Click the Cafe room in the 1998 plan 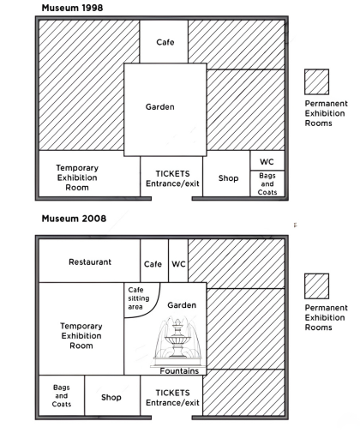pos(164,42)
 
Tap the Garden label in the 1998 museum pos(160,107)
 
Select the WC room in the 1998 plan pos(267,160)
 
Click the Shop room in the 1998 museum pos(226,174)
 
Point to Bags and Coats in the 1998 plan pos(267,183)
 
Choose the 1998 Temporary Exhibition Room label pos(77,177)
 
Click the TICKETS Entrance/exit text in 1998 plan pos(172,178)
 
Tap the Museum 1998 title pos(72,8)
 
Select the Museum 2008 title pos(74,219)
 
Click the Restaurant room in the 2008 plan pos(89,261)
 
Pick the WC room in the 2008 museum pos(178,261)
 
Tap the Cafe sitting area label pos(139,298)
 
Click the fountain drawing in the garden pos(177,341)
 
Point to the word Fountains pos(179,371)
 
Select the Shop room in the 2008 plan pos(112,395)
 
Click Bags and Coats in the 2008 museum pos(62,395)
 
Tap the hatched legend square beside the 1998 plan pos(316,81)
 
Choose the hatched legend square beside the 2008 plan pos(316,286)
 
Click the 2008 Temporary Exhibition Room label pos(81,336)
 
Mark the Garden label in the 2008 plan pos(182,305)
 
